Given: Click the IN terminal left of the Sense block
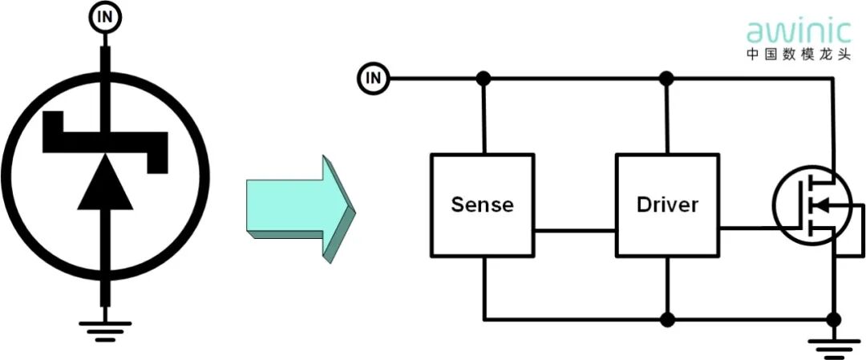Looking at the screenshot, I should tap(373, 78).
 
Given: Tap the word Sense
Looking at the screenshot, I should tap(482, 204).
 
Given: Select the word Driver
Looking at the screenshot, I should tap(667, 204).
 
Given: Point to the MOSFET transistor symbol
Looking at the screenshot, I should tap(810, 206).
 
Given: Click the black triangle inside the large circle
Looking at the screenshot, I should tap(103, 184).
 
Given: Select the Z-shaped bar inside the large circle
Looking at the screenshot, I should tap(105, 141).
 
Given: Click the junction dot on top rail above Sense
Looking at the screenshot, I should tap(483, 79).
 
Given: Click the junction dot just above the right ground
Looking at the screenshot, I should tap(834, 319).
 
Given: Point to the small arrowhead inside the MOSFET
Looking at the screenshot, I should tap(819, 206).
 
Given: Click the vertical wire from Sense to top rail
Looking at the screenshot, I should tap(483, 116).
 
